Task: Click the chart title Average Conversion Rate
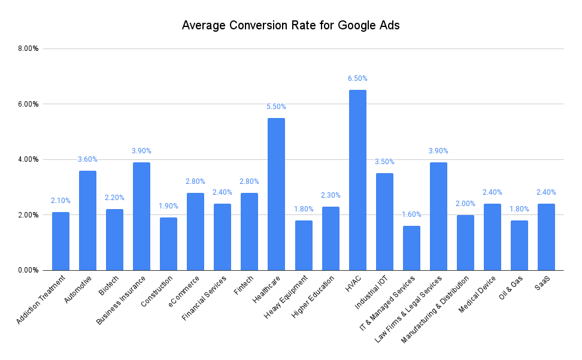290,26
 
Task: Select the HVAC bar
357,180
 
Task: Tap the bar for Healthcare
276,194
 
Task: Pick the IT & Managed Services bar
411,248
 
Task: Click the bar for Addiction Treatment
60,241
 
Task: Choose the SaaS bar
546,237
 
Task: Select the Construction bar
168,244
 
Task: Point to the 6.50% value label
357,78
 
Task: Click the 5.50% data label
276,107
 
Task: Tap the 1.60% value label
411,214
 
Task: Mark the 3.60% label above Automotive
87,159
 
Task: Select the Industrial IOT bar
384,222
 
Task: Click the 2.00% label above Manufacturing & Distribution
465,204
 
